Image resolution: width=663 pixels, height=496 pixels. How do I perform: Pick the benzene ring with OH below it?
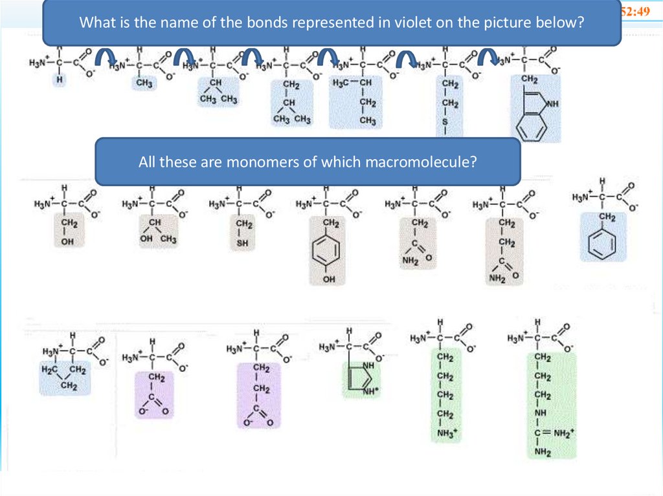[x=328, y=249]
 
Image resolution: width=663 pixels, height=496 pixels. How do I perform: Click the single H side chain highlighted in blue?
[x=59, y=80]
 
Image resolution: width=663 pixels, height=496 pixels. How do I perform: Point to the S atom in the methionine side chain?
[x=445, y=121]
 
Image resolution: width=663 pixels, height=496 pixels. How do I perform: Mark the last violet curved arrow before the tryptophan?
[x=489, y=58]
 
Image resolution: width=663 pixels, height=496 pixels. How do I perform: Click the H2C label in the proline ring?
[x=49, y=370]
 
